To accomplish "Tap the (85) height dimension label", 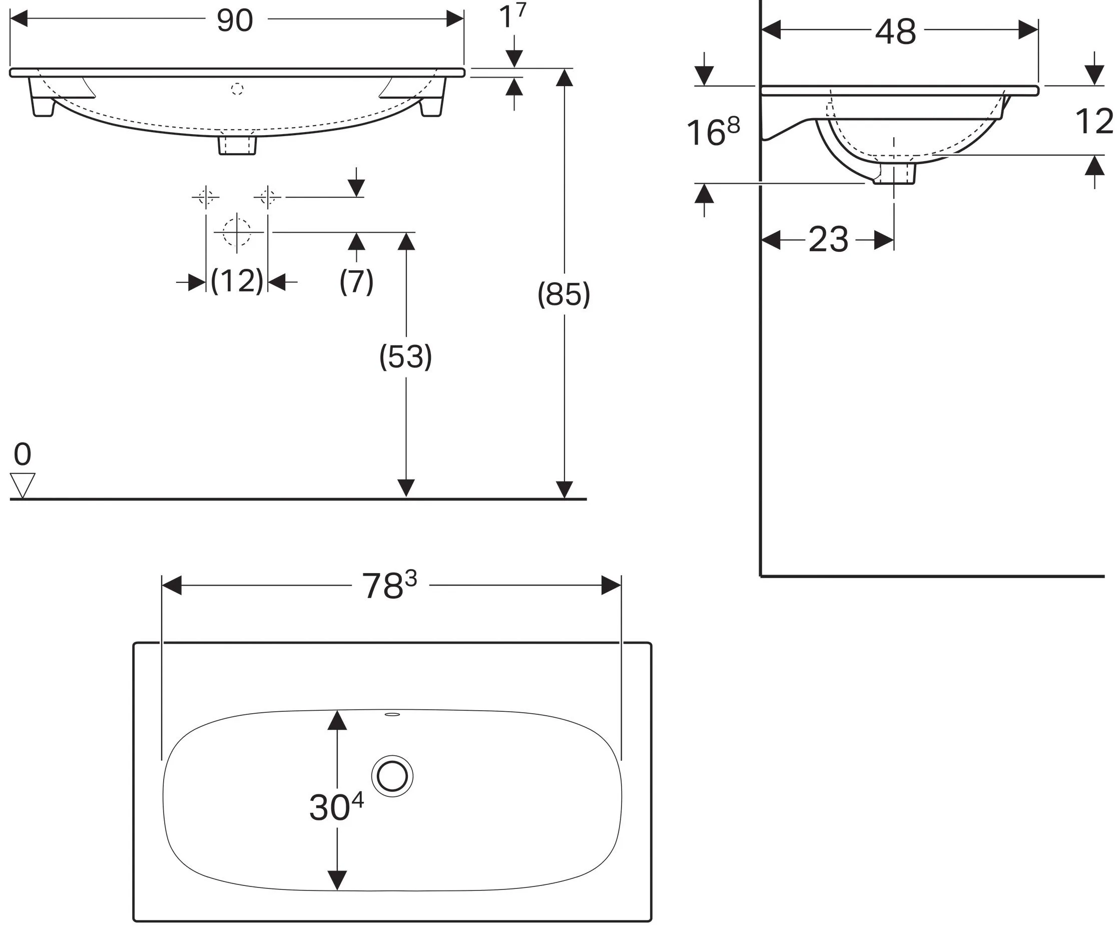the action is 564,294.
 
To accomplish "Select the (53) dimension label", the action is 405,356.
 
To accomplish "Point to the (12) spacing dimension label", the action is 237,281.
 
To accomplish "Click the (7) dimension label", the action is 356,281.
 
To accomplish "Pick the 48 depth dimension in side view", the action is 896,32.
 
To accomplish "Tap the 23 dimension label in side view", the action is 828,240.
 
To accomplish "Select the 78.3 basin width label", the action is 389,585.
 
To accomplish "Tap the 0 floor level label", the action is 23,454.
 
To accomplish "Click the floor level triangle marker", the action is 23,485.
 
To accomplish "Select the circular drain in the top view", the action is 392,775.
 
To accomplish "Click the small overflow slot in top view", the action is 392,714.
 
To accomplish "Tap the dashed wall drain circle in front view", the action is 237,232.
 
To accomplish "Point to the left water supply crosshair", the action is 206,197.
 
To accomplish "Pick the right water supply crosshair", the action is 268,197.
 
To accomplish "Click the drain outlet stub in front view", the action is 237,146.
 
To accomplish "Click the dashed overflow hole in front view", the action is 237,89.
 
